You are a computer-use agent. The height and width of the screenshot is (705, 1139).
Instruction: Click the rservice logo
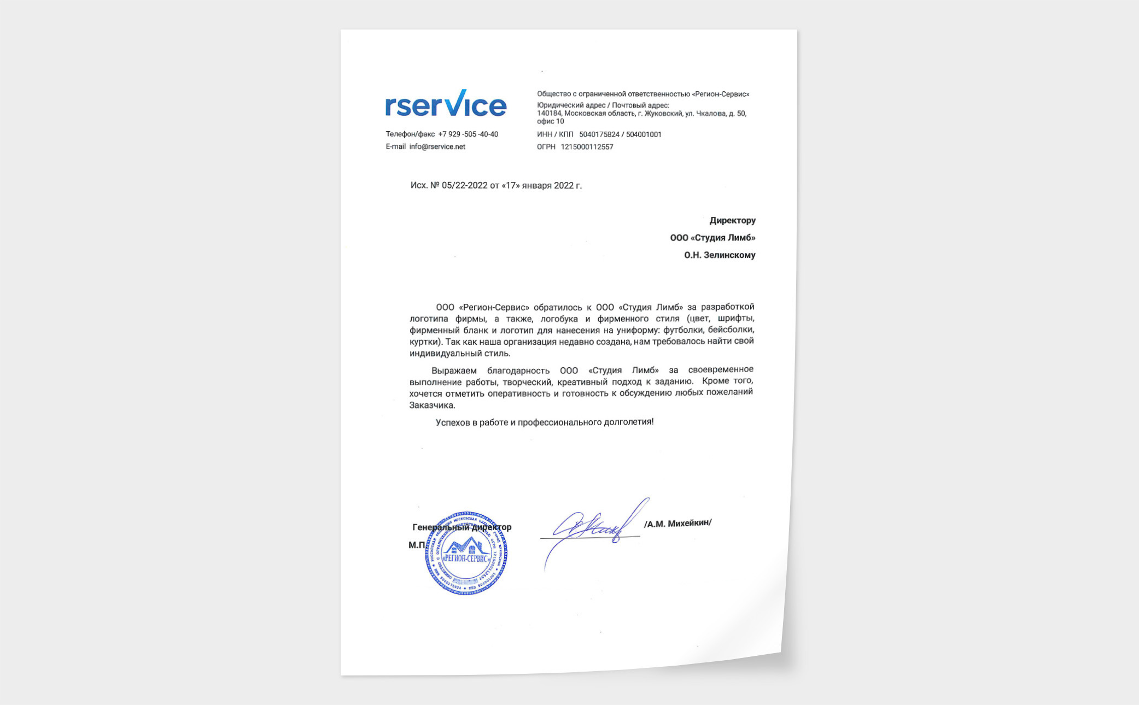coord(446,104)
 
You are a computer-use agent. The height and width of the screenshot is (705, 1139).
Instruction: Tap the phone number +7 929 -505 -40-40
coord(468,134)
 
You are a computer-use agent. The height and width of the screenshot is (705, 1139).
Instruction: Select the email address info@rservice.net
coord(437,147)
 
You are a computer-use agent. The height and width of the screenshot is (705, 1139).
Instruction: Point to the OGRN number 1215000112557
coord(587,147)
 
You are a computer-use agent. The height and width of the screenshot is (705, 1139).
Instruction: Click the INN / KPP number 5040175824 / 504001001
coord(620,134)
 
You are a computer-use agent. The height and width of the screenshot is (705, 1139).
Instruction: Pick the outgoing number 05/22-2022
coord(464,186)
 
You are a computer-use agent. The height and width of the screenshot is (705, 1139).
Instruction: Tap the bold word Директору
coord(732,221)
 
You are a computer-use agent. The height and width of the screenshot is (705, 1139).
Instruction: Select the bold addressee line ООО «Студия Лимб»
coord(712,238)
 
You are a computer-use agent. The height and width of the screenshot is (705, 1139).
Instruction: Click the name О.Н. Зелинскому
coord(720,255)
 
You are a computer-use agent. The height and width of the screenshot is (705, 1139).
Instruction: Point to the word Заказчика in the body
coord(432,406)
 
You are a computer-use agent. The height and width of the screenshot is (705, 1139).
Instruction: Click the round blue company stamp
coord(466,554)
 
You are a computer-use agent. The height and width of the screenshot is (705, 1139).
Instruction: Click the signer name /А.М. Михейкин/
coord(677,524)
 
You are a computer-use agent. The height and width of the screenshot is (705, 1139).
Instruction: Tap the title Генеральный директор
coord(462,527)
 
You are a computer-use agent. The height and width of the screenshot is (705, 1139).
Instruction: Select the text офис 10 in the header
coord(550,121)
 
